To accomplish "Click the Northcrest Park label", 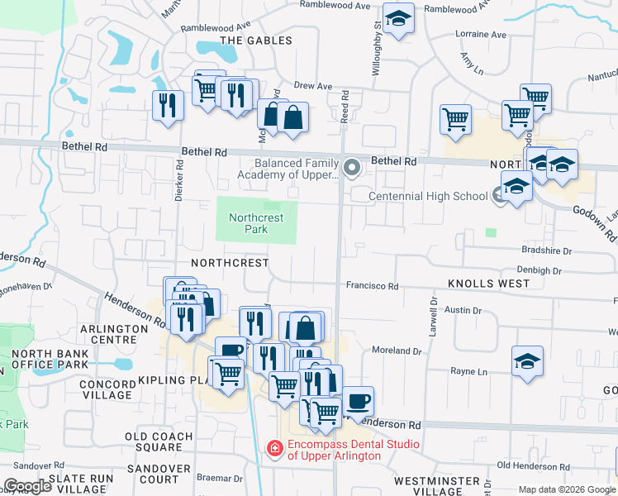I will (256, 223).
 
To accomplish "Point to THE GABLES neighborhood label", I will (256, 41).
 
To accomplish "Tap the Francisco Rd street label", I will (372, 286).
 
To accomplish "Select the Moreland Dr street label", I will (397, 351).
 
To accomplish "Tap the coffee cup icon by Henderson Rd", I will (358, 402).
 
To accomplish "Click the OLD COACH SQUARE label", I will (159, 441).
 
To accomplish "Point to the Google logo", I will (27, 485).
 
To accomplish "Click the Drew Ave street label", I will (312, 85).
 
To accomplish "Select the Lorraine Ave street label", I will (481, 35).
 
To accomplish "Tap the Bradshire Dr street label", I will (546, 250).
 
